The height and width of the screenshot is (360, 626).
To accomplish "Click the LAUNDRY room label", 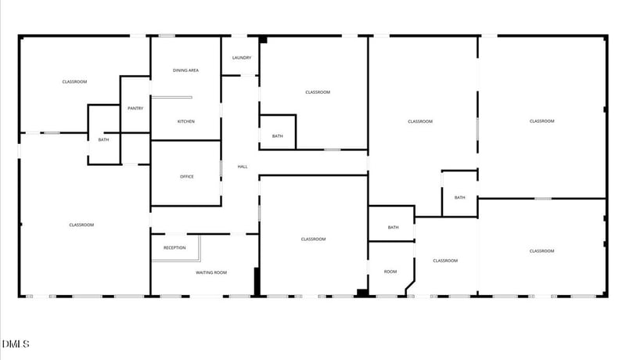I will point(241,58).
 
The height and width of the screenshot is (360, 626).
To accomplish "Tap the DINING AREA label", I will point(185,70).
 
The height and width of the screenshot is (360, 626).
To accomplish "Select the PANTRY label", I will point(135,108).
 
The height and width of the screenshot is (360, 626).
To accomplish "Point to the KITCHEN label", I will point(185,121).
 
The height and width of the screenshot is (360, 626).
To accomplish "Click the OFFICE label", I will point(186,177).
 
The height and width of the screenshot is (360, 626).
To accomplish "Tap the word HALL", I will point(243,167).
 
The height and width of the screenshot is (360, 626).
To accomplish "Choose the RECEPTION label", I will point(174,248).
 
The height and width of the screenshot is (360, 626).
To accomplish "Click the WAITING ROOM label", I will point(210,272).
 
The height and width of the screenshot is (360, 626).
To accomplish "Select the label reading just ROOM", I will point(390,272).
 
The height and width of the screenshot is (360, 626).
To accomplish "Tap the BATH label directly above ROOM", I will point(393,228).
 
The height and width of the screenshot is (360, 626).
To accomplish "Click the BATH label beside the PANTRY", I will point(103,140).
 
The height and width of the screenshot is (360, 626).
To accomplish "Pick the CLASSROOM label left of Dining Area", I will point(74,82).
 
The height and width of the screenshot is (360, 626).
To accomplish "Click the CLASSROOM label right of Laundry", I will point(318,92).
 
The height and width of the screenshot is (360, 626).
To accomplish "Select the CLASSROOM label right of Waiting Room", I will point(313,239).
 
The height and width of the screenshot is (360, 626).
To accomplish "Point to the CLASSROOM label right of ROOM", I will point(445,261).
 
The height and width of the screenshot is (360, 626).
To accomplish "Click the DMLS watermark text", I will point(16,344).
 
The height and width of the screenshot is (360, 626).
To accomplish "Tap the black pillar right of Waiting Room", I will point(256,282).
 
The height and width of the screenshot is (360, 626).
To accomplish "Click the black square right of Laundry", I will point(264,39).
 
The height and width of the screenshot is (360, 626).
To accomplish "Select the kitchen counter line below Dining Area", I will point(171,98).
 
